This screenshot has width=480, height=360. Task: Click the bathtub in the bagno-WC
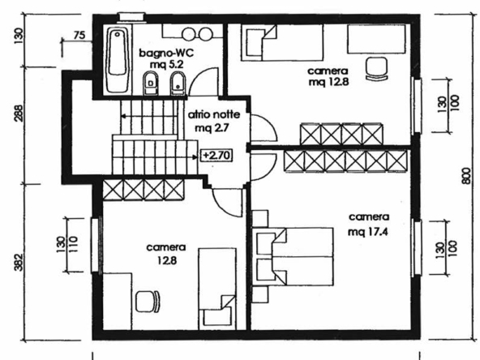point(118,59)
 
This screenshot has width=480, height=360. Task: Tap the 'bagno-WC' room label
point(166,53)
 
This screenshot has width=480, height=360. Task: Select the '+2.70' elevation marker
point(216,155)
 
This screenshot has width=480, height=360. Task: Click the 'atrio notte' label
point(214,115)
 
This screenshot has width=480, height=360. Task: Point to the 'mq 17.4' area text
point(367,232)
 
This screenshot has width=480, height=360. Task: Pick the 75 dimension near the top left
point(79,35)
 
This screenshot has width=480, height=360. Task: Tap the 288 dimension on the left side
point(19,114)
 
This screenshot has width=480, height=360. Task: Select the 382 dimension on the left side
point(19,262)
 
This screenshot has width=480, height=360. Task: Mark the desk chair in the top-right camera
point(376,69)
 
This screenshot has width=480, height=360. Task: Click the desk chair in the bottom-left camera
point(148,301)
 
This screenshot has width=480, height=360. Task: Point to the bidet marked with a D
point(150,83)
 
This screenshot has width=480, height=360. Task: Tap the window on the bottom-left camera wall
point(96,245)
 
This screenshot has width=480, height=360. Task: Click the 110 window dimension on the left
point(74,245)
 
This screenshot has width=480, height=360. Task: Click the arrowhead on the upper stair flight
point(123,116)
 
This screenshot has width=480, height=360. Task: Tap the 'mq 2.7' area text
point(212,127)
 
